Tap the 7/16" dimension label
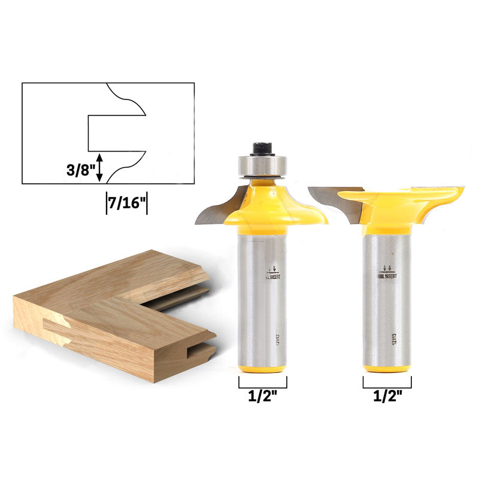tap(126, 203)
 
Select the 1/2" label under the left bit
tap(262, 396)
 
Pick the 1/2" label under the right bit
tap(386, 396)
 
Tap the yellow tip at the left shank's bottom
tap(262, 368)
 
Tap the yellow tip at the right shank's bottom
tap(386, 368)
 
